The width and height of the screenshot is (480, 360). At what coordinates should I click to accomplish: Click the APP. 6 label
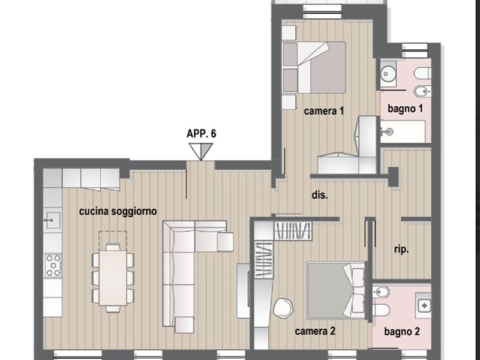coord(201,134)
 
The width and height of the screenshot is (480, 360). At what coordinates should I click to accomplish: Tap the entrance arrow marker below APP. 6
coord(200,152)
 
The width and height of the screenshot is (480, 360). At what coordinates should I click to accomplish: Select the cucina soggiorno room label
coord(118,211)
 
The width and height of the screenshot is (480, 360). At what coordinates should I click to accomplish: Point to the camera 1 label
coord(324,111)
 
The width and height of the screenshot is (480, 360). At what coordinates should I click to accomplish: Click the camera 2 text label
coord(315,331)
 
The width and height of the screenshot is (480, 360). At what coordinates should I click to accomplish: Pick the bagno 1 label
coord(406,109)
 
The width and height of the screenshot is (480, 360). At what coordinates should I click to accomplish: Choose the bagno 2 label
coord(402,332)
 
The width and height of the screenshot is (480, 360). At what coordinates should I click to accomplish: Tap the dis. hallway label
coord(320,195)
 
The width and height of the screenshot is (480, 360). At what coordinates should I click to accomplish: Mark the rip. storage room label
coord(401,250)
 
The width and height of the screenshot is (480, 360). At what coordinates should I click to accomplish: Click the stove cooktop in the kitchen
coord(53,265)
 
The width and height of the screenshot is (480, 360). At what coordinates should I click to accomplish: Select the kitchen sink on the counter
coord(52,220)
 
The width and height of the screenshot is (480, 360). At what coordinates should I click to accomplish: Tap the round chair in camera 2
coord(283,308)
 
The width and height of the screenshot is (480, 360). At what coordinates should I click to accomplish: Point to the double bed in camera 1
coord(314,67)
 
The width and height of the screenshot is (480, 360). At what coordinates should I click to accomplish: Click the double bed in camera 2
coord(337,290)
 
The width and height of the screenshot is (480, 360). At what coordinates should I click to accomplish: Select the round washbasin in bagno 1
coord(388,74)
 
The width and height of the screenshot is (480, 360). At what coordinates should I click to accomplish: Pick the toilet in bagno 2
coord(382,310)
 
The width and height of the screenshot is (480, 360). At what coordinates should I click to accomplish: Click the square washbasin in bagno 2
coord(424,305)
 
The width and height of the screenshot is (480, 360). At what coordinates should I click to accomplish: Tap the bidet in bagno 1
coord(422,91)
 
